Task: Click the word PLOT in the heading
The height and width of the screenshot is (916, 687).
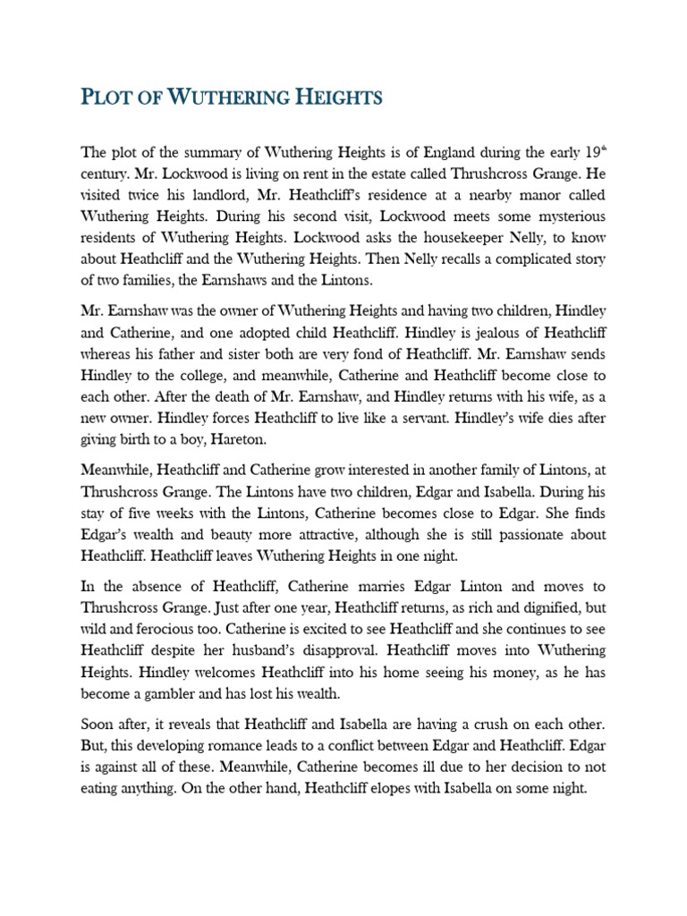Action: [106, 98]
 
